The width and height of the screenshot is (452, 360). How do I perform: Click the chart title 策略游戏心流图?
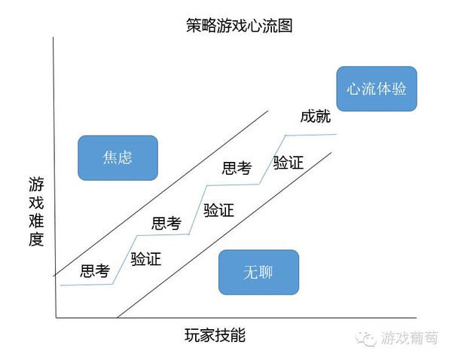(x=239, y=25)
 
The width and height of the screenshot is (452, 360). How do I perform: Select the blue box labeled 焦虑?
(x=118, y=157)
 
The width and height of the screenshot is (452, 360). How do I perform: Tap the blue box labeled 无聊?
(x=258, y=272)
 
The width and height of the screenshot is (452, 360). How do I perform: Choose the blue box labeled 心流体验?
(x=377, y=88)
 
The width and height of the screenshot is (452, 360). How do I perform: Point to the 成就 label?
(x=315, y=117)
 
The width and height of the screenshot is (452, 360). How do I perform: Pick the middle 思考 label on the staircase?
(x=166, y=223)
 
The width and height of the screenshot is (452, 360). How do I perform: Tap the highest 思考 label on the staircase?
(x=237, y=169)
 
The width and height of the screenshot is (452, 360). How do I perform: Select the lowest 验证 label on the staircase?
(x=146, y=260)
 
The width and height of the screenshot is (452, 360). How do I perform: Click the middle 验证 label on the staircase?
(x=218, y=210)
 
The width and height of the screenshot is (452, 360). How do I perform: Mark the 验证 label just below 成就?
(x=289, y=162)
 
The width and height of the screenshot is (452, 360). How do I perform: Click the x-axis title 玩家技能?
(x=215, y=335)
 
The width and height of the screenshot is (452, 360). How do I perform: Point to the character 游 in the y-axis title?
(x=36, y=184)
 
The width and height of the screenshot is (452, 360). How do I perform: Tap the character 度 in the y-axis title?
(x=36, y=240)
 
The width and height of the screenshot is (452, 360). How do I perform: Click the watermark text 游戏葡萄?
(x=411, y=337)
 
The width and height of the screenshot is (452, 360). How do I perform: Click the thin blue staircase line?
(x=309, y=135)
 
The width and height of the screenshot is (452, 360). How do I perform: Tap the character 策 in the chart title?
(x=194, y=25)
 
